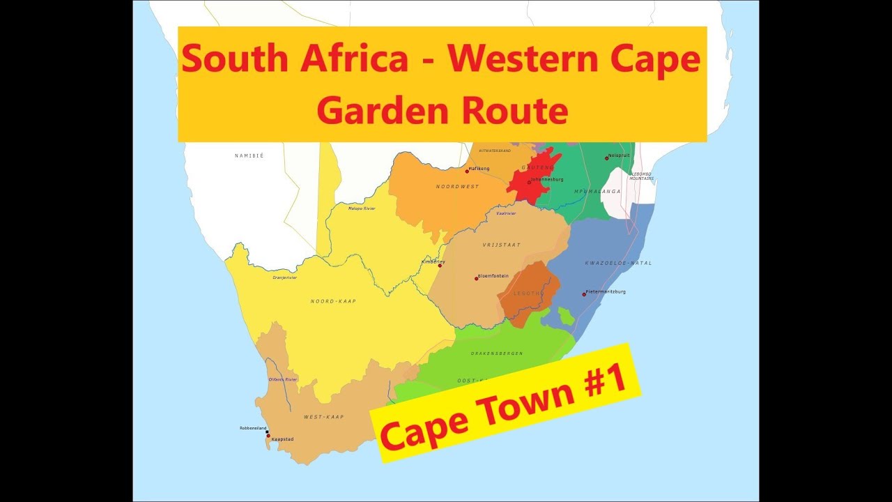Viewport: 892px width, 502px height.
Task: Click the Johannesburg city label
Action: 547,179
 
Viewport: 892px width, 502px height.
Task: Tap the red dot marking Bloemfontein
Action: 477,278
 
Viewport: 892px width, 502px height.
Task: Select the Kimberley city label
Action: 433,261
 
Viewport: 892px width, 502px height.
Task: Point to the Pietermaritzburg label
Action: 606,291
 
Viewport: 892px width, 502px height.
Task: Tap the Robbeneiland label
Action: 251,427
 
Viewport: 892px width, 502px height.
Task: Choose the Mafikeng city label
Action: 480,168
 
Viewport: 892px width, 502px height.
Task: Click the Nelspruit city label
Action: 618,155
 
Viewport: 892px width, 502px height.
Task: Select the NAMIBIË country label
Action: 249,155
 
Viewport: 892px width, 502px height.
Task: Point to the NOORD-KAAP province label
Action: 333,301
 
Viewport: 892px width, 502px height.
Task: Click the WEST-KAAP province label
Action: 323,417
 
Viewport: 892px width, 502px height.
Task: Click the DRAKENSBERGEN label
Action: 497,353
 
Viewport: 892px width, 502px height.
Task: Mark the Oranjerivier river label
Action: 284,277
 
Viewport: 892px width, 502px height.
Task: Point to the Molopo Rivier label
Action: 362,208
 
